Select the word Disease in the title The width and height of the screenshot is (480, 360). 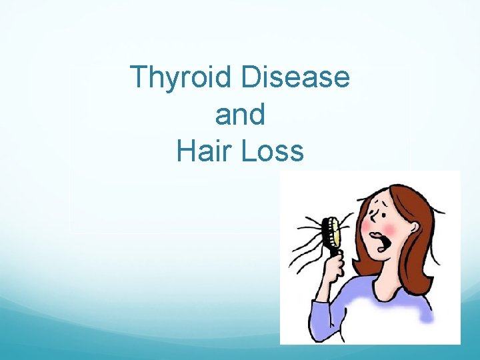[x=295, y=77]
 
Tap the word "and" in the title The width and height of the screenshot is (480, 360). [x=240, y=115]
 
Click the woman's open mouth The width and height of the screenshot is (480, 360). [x=385, y=241]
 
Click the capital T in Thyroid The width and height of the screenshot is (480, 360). [x=139, y=77]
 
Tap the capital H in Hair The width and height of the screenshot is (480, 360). [x=188, y=151]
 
